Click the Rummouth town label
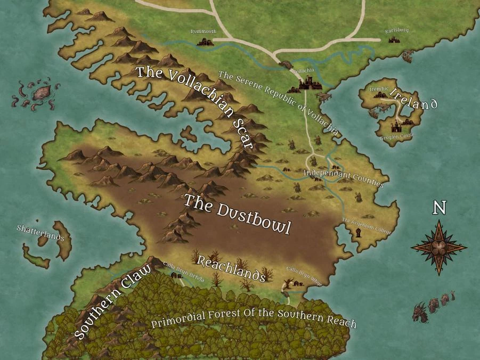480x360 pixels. point(204,32)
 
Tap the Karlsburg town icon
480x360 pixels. point(394,39)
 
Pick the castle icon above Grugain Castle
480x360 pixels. point(397,127)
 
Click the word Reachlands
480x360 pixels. point(231,268)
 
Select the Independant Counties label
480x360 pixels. point(343,178)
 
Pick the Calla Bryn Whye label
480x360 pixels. point(305,275)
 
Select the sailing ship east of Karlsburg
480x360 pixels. point(408,55)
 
